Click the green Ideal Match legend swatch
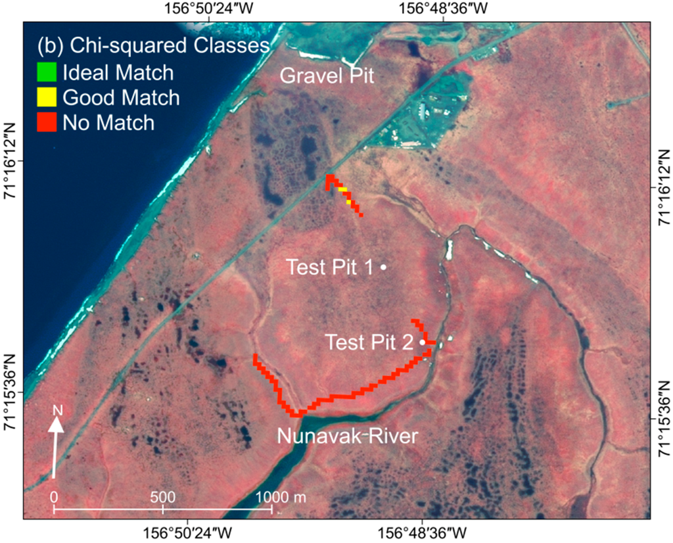point(47,72)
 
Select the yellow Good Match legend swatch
point(47,97)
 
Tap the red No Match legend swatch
point(47,122)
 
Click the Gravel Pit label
point(327,76)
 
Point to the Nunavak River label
point(347,436)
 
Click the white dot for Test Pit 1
point(383,267)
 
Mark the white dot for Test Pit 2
point(423,342)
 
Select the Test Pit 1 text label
point(330,267)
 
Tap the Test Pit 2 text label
point(369,342)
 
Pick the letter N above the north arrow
point(58,411)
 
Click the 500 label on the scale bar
point(163,497)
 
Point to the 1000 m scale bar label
point(281,497)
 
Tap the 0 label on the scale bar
point(54,497)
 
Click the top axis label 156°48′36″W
point(444,9)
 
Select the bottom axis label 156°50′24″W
point(187,534)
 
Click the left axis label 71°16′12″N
point(11,162)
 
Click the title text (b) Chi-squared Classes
point(153,45)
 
